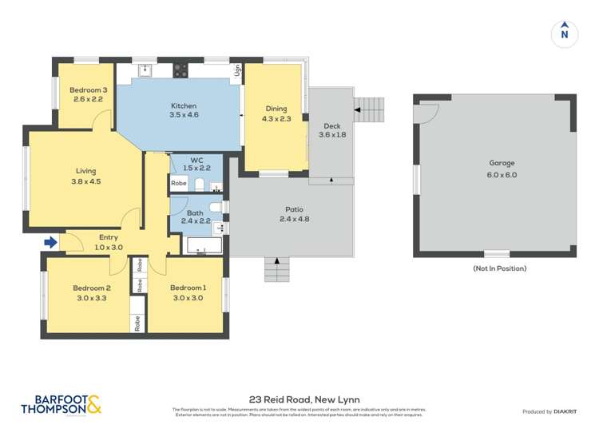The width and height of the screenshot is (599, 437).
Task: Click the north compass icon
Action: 565,33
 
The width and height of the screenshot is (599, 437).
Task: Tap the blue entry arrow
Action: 51,241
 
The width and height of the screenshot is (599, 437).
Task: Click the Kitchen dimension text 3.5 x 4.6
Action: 184,115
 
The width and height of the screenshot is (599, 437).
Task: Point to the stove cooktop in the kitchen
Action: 181,70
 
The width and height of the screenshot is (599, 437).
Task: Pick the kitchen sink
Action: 146,70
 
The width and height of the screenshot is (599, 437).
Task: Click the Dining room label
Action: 276,109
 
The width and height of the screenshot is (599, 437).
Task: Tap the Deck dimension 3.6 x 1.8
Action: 332,135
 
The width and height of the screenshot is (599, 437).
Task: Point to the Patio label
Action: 293,209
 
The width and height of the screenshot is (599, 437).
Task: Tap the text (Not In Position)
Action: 499,268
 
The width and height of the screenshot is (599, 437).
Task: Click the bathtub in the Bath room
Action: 197,245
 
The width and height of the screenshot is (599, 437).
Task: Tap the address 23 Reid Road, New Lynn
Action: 299,398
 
